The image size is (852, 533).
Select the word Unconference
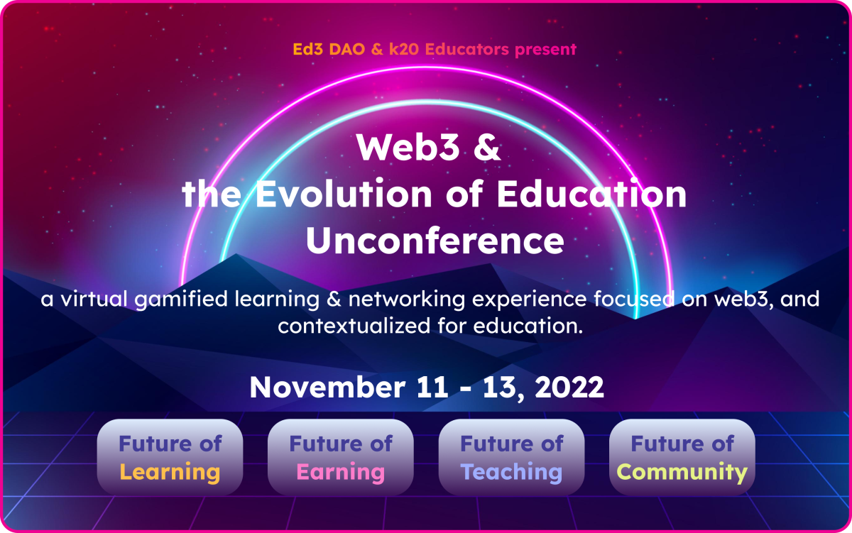435,241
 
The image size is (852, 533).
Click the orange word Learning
170,472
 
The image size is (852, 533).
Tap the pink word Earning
340,472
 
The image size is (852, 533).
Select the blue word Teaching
511,472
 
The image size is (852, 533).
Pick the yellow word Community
682,472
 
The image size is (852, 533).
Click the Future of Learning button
170,457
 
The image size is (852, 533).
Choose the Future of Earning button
340,457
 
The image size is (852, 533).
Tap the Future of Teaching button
511,457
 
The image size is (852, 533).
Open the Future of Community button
682,457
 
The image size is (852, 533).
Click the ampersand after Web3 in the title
486,147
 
